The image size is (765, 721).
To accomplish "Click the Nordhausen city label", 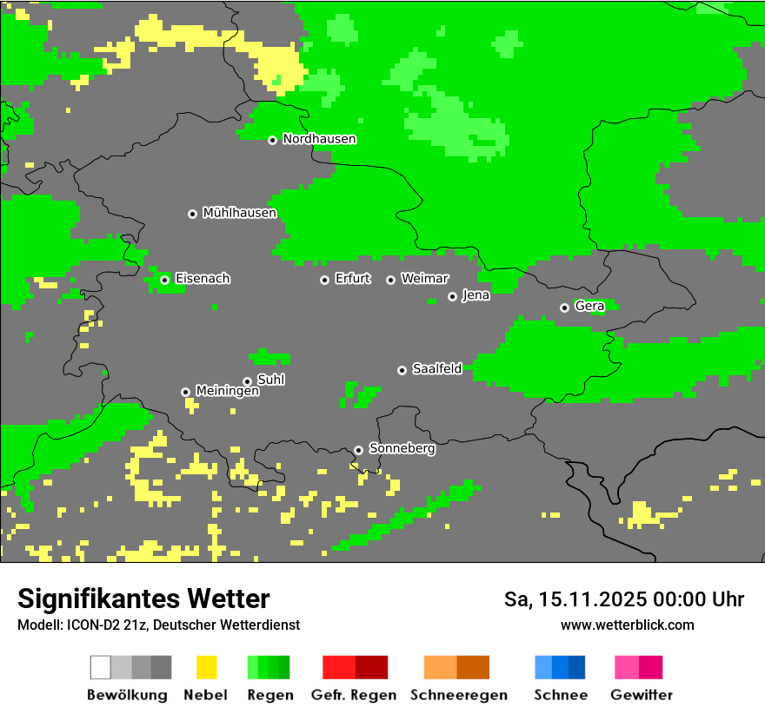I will (319, 139).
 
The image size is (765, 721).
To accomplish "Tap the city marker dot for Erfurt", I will (324, 280).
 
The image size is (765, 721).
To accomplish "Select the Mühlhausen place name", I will (239, 213).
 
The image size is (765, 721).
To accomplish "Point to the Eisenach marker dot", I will (164, 280).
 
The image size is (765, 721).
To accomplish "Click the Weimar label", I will (424, 279).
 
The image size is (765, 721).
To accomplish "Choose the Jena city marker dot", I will (452, 296).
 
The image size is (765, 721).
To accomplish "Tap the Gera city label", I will (589, 307).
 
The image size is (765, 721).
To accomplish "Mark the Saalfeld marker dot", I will (402, 370).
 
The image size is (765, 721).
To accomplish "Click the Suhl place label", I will (271, 380).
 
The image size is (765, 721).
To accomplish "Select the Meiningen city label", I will (227, 392).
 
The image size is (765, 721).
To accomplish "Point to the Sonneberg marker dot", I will (358, 450).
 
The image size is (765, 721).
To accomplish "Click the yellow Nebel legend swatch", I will (206, 667).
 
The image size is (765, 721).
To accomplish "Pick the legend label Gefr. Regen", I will (354, 695).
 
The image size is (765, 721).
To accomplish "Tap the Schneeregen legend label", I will (458, 695).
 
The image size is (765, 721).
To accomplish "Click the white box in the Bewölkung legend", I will (101, 667).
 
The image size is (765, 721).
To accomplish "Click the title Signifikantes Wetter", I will (143, 599).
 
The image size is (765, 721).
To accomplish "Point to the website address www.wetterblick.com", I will (627, 625).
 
